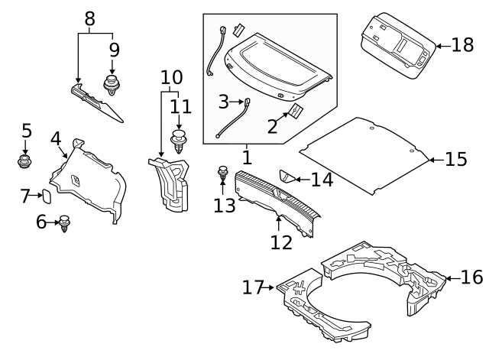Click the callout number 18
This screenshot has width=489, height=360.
462,45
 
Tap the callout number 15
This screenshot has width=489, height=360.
455,160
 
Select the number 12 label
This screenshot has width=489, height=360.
281,242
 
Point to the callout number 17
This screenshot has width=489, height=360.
253,288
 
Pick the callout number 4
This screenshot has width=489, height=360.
55,139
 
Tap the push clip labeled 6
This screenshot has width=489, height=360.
65,224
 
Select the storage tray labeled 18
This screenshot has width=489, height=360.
395,47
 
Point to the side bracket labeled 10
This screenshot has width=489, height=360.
171,183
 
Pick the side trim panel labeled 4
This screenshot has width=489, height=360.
88,180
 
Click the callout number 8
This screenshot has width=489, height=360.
90,19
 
